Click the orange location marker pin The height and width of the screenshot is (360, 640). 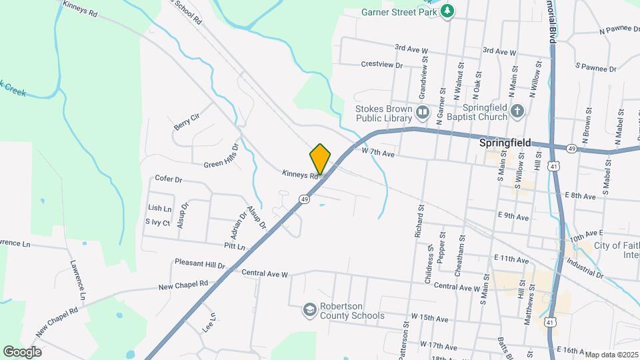pyautogui.click(x=320, y=159)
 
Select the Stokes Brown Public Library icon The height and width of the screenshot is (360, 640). pyautogui.click(x=422, y=111)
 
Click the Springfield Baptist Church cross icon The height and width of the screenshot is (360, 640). pyautogui.click(x=517, y=111)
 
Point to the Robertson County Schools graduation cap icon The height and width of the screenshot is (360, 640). pyautogui.click(x=309, y=309)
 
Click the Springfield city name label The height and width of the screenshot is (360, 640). pyautogui.click(x=505, y=143)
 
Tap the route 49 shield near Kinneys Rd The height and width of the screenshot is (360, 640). pyautogui.click(x=304, y=199)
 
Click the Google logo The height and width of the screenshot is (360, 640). pyautogui.click(x=22, y=351)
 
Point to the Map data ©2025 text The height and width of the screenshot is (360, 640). pyautogui.click(x=611, y=354)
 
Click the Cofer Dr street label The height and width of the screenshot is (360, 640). pyautogui.click(x=168, y=179)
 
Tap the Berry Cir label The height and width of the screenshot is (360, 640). pyautogui.click(x=187, y=119)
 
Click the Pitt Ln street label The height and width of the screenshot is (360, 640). pyautogui.click(x=235, y=247)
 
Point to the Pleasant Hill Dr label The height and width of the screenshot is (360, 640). pyautogui.click(x=200, y=264)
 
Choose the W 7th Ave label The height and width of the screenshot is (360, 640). pyautogui.click(x=380, y=153)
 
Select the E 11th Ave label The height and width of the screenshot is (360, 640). pyautogui.click(x=511, y=257)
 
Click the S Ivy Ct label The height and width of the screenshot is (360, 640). pyautogui.click(x=157, y=222)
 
